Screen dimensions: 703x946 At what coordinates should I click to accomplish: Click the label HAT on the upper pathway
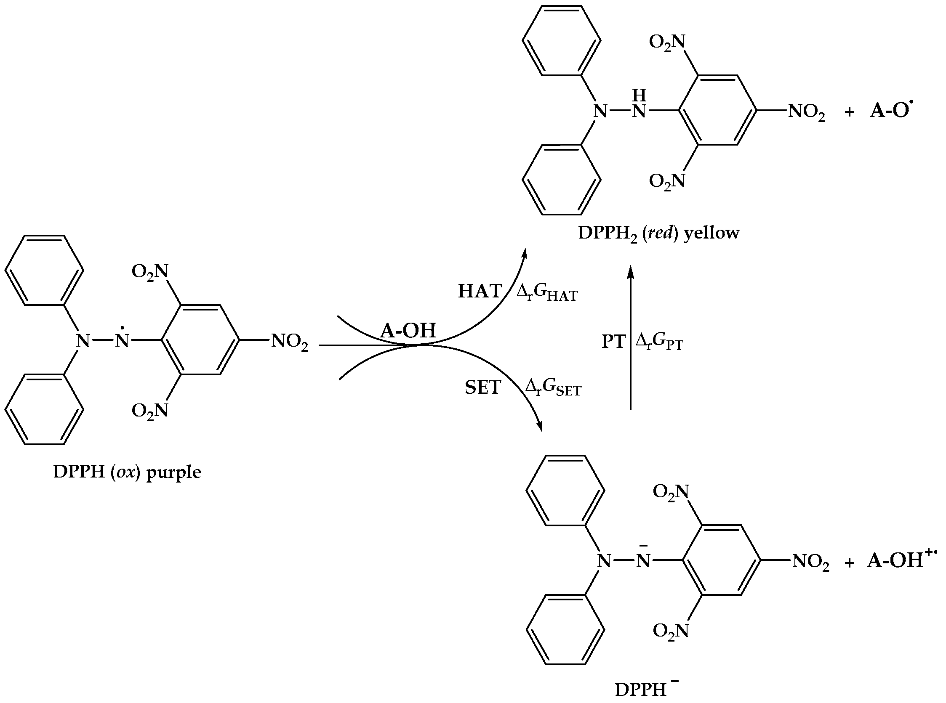pos(480,292)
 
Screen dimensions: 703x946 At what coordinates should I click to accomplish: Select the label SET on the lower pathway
pos(483,387)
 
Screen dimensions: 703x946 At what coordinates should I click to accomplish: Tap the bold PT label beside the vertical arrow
pos(613,342)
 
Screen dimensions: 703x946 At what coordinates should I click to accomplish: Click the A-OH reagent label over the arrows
pos(408,331)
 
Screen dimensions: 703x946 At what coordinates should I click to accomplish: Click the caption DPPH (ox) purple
pos(127,472)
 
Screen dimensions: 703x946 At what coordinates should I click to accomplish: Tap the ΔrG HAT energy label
pos(546,293)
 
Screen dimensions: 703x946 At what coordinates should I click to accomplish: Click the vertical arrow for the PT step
pos(631,340)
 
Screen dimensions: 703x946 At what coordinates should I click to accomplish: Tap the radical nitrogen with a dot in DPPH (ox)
pos(122,340)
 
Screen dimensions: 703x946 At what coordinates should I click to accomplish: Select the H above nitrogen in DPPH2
pos(639,96)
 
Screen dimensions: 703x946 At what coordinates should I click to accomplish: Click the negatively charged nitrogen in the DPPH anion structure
pos(643,561)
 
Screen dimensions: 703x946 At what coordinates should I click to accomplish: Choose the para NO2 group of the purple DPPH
pos(290,341)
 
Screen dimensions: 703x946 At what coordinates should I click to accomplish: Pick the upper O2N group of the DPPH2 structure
pos(667,42)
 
